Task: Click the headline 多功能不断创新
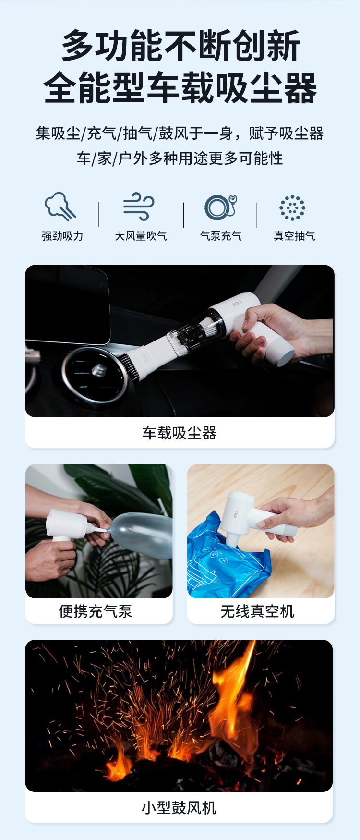pyautogui.click(x=180, y=46)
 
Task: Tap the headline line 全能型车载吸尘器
pyautogui.click(x=180, y=87)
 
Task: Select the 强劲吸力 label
pyautogui.click(x=62, y=236)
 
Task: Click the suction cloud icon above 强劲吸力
pyautogui.click(x=60, y=207)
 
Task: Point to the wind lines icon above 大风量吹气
pyautogui.click(x=139, y=207)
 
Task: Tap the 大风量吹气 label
pyautogui.click(x=141, y=236)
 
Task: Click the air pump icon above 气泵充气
pyautogui.click(x=221, y=207)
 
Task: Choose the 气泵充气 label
pyautogui.click(x=221, y=236)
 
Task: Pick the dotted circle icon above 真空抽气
pyautogui.click(x=292, y=208)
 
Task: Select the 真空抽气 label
pyautogui.click(x=294, y=236)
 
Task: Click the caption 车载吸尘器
pyautogui.click(x=180, y=433)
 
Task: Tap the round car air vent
pyautogui.click(x=95, y=376)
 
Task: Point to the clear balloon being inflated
pyautogui.click(x=140, y=534)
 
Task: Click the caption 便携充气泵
pyautogui.click(x=95, y=611)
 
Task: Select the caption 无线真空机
pyautogui.click(x=257, y=611)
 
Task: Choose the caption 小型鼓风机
pyautogui.click(x=179, y=808)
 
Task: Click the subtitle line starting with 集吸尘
pyautogui.click(x=180, y=133)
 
